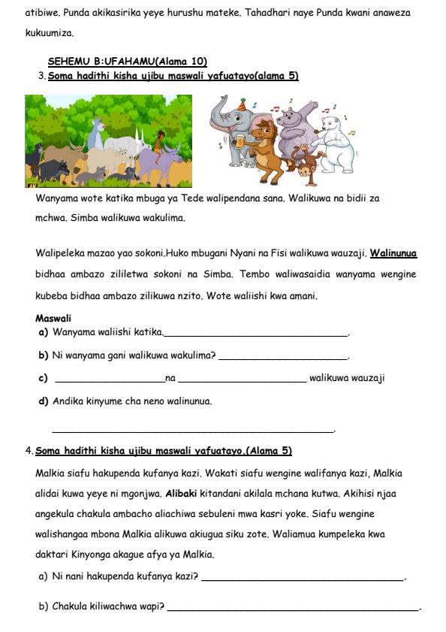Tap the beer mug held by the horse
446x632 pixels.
pyautogui.click(x=241, y=141)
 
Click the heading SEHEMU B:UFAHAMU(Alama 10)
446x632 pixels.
pyautogui.click(x=127, y=62)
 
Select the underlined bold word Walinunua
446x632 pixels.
pyautogui.click(x=393, y=253)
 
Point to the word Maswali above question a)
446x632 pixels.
pyautogui.click(x=53, y=318)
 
